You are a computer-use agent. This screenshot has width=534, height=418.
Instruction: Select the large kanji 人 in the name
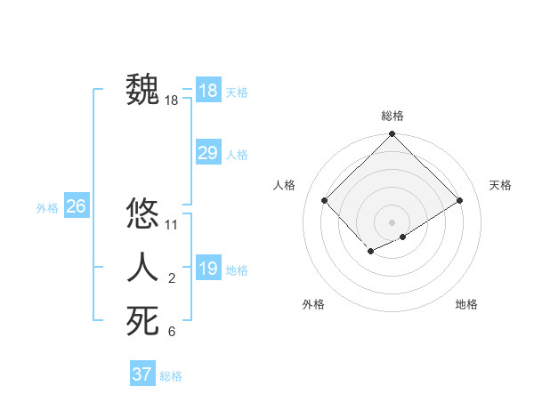coord(143,268)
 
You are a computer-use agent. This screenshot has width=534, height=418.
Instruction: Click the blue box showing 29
coord(207,153)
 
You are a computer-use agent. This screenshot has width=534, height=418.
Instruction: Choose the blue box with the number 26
coord(76,206)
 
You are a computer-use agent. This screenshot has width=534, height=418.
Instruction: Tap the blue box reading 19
coord(207,268)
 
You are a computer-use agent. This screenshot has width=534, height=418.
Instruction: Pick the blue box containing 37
coord(142,374)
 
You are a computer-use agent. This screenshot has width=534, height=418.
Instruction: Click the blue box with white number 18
coord(207,90)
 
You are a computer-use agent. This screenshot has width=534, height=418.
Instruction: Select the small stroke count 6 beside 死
coord(172,333)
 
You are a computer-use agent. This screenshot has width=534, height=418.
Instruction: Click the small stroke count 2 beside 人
coord(172,279)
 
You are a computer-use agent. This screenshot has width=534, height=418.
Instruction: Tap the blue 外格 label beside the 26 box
coord(47,208)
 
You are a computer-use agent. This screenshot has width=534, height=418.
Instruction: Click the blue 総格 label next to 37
coord(171,376)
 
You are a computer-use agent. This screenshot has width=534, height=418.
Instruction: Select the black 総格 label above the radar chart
coord(392,116)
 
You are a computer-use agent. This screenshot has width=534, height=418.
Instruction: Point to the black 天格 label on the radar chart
coord(501,185)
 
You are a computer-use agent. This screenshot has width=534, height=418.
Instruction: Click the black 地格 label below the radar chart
coord(466,304)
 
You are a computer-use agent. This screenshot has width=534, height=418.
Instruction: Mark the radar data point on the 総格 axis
coord(392,134)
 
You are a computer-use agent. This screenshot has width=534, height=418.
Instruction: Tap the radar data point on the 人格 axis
coord(325,200)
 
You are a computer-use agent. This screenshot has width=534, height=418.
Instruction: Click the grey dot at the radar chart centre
coord(392,221)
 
